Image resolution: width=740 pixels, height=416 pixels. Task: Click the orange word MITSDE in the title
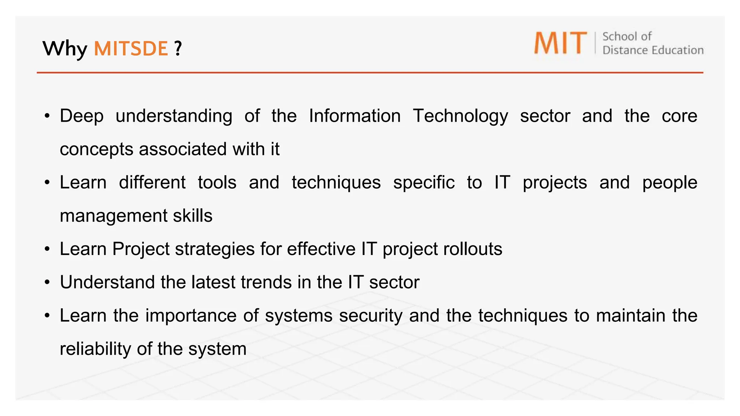pos(131,48)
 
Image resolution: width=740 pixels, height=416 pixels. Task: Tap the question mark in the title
pos(177,48)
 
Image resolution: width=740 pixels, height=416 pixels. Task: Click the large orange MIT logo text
pos(560,43)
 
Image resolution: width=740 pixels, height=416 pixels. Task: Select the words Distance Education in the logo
pos(653,50)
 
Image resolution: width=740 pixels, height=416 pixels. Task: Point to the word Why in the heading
pos(65,48)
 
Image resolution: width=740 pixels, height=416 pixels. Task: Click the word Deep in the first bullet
pos(82,116)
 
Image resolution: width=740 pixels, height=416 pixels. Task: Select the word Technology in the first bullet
pos(460,116)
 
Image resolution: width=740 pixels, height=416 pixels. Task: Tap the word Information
pos(355,116)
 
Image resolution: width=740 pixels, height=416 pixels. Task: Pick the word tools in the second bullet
pos(217,182)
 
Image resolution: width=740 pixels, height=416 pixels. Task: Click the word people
pos(670,182)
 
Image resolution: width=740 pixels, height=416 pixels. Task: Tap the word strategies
pos(215,249)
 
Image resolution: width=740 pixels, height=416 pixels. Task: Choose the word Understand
pos(107,282)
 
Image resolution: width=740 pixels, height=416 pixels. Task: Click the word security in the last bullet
pos(371,316)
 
